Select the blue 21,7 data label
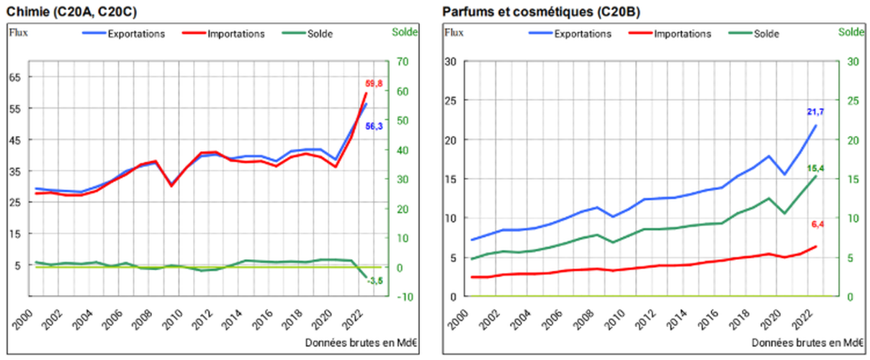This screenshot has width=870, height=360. coord(815,112)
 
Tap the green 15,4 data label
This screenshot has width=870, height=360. coord(816,168)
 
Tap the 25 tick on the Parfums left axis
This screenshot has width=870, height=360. coord(451,101)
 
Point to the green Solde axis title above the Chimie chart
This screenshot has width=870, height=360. coord(404,32)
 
